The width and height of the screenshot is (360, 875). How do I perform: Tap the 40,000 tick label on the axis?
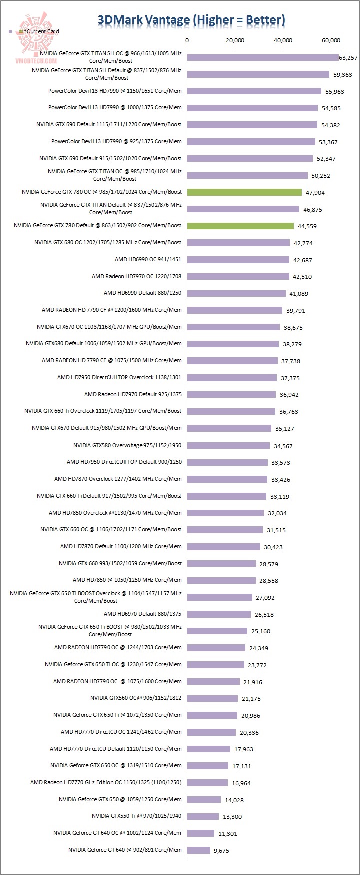coord(283,40)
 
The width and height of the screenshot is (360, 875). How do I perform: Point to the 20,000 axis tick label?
coord(235,40)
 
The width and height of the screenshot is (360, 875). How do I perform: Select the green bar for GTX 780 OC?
coord(244,192)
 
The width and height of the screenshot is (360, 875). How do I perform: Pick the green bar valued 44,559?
coord(240,226)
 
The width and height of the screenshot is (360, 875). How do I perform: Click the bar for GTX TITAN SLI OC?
coord(263,57)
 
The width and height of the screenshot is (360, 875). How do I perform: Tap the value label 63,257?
coord(348,58)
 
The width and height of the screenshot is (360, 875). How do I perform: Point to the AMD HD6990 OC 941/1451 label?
coord(148,259)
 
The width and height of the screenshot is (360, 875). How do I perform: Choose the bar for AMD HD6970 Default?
coord(219,614)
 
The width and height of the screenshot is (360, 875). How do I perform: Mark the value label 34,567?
coord(283,446)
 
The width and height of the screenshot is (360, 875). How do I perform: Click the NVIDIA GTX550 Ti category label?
coord(136,816)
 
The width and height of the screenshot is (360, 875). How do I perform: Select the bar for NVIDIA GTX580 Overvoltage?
coord(229,445)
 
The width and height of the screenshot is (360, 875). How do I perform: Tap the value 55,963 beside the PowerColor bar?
coord(335,92)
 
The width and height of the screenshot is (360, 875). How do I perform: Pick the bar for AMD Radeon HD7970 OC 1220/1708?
coord(238,276)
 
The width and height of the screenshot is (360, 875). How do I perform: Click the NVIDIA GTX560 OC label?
coord(136,698)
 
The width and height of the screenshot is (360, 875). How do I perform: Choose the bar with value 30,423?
coord(224,547)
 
